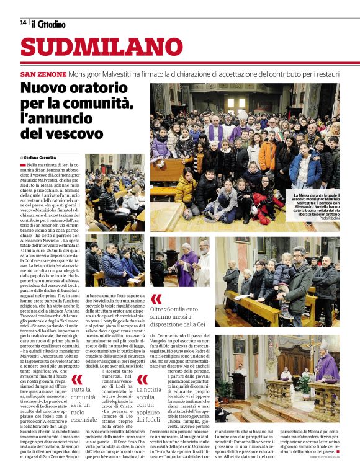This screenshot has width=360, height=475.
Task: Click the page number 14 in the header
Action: click(24, 23)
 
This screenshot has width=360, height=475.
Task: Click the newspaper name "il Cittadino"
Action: click(48, 24)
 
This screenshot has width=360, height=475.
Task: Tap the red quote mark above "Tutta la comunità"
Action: click(77, 379)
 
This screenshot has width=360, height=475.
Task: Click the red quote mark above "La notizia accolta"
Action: click(142, 379)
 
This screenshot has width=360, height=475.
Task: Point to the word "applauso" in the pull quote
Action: click(148, 411)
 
